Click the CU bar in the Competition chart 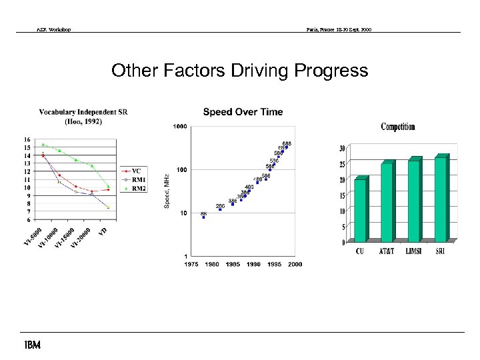[x=360, y=210]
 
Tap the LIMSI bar [x=413, y=200]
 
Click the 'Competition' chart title [x=398, y=127]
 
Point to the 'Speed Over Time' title [x=243, y=112]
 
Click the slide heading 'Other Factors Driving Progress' [x=239, y=71]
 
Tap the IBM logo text [x=31, y=345]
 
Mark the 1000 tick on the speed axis [x=179, y=127]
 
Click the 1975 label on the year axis [x=191, y=264]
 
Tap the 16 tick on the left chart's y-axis [x=27, y=139]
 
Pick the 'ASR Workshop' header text [x=54, y=30]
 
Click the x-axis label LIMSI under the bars [x=413, y=251]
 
